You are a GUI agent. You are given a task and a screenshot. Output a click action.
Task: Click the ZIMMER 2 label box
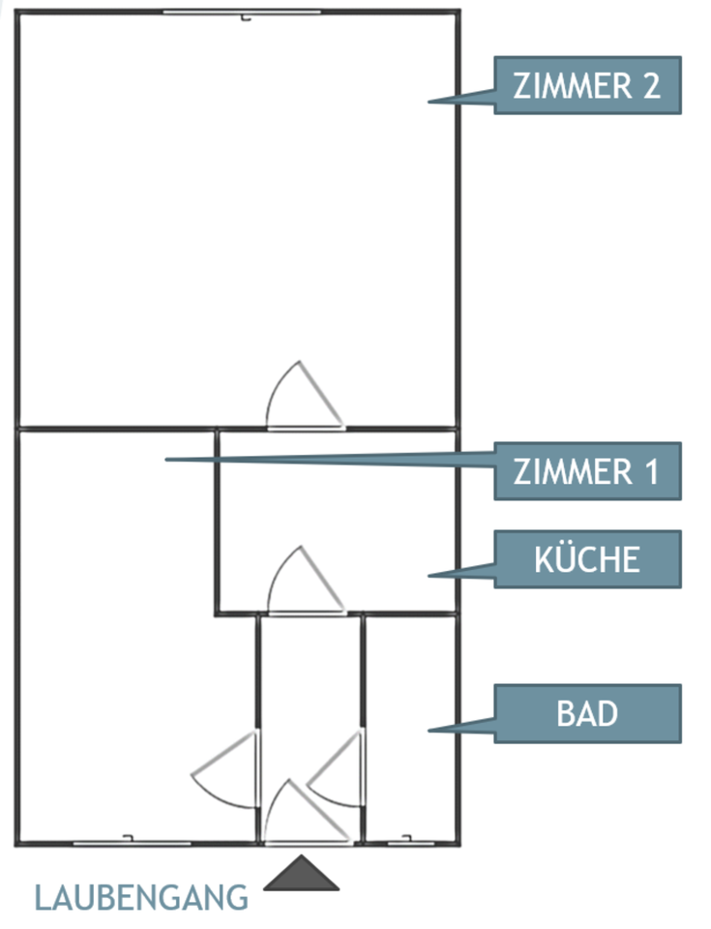point(587,86)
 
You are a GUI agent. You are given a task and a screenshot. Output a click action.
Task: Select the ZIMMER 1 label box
point(587,471)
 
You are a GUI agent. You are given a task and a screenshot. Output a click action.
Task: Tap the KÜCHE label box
point(587,558)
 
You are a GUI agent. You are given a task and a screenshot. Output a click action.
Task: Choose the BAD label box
point(587,713)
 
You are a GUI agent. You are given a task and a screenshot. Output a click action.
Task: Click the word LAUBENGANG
point(141,897)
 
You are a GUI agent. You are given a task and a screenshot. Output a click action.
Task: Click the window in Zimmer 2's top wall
point(242,13)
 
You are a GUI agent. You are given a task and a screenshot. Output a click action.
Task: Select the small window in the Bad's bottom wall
point(410,842)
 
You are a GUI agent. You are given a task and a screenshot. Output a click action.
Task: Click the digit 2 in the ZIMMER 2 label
point(650,86)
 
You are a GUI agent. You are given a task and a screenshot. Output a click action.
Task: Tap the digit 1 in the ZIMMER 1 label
point(650,472)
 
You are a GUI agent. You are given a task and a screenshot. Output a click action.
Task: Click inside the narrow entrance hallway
point(310,677)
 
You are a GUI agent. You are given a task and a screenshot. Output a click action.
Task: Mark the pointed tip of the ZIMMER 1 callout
point(166,459)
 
